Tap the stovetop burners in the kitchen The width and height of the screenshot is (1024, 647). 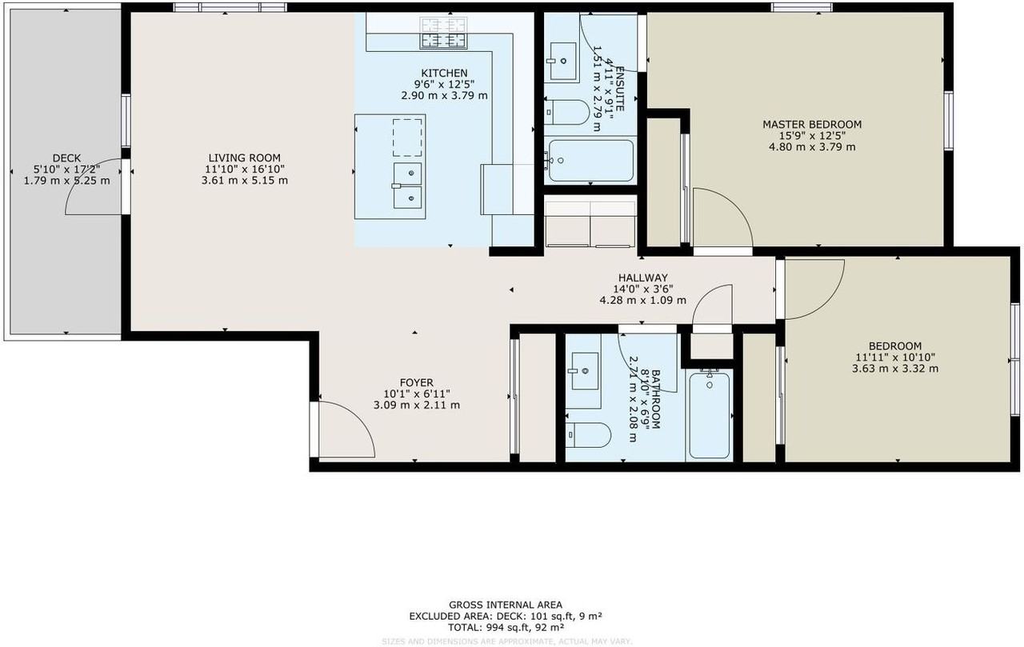443,33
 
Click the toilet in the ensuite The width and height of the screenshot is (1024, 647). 567,111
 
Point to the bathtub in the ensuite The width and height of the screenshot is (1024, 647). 590,161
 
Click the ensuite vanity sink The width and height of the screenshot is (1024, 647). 566,59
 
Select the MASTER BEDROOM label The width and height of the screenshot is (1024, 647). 811,124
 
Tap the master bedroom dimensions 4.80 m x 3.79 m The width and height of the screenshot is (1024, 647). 811,146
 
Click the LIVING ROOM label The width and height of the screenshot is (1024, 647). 244,158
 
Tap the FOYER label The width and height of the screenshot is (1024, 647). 416,382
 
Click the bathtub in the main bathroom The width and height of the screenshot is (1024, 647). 709,413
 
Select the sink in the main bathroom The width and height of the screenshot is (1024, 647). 585,370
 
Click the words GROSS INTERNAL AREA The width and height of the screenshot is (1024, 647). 505,605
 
